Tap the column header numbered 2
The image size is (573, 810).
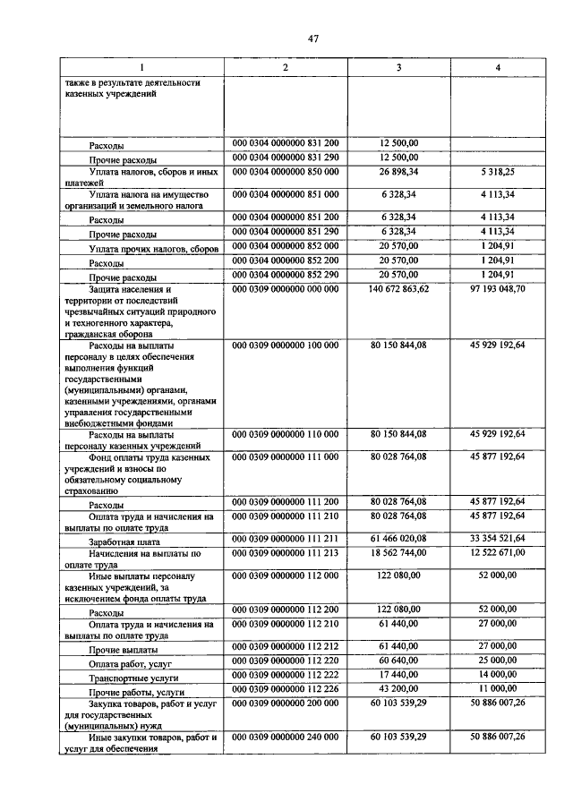285,69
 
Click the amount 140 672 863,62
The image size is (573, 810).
398,289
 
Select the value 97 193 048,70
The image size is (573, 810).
498,289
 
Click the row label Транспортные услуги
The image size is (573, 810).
131,679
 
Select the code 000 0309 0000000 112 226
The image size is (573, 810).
285,688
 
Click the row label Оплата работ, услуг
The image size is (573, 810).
131,665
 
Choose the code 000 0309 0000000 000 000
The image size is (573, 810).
285,289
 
